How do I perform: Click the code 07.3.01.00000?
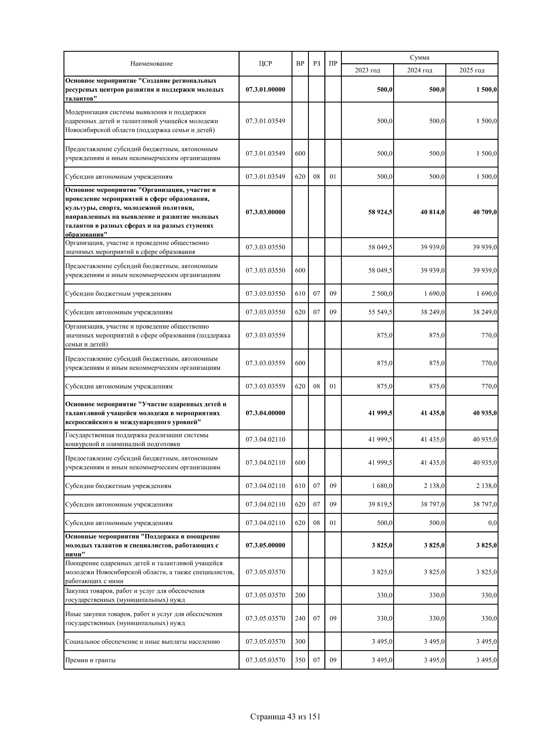[265, 89]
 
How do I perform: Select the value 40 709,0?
[485, 212]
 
